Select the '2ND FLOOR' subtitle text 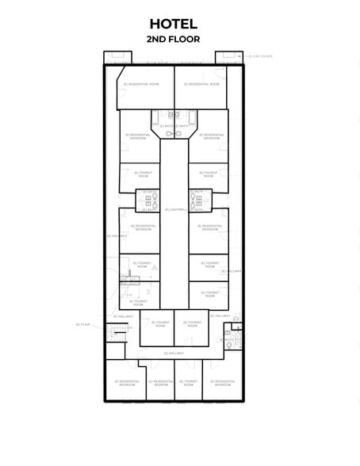point(173,38)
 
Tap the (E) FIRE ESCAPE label point(262,56)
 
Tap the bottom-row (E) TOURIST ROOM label point(189,383)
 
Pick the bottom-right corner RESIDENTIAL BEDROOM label point(223,383)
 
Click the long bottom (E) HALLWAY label point(174,353)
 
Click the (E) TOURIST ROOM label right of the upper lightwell point(209,174)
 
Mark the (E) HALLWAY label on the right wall point(232,271)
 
